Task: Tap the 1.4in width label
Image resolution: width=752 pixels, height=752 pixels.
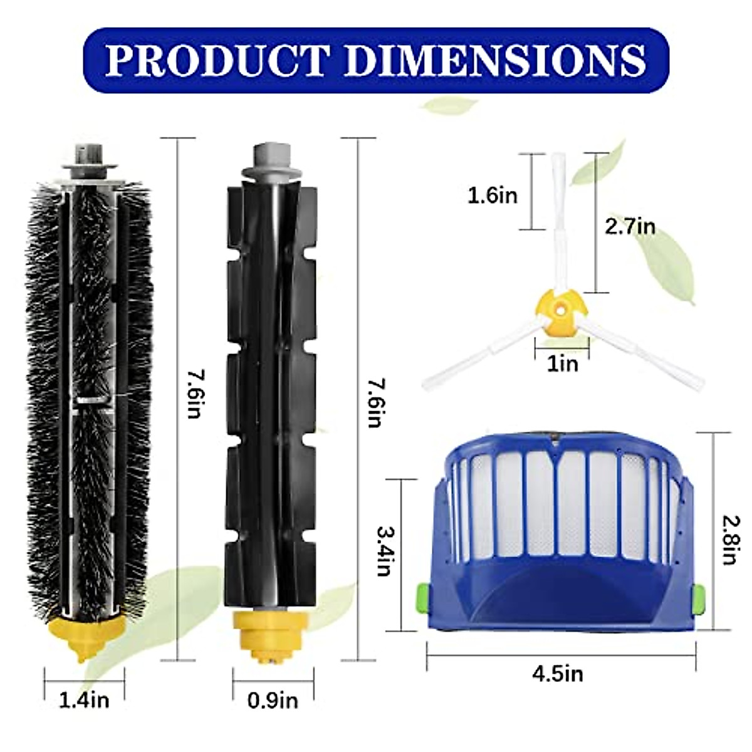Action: pos(84,699)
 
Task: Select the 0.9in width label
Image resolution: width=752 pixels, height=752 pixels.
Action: pos(273,699)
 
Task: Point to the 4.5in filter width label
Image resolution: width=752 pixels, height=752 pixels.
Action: pos(558,674)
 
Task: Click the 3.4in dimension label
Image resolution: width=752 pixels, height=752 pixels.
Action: pos(384,551)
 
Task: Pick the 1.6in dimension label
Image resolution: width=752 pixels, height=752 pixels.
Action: pos(493,196)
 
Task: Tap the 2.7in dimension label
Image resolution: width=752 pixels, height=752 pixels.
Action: pos(630,226)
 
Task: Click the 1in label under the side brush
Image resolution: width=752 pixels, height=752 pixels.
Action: pos(562,363)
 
